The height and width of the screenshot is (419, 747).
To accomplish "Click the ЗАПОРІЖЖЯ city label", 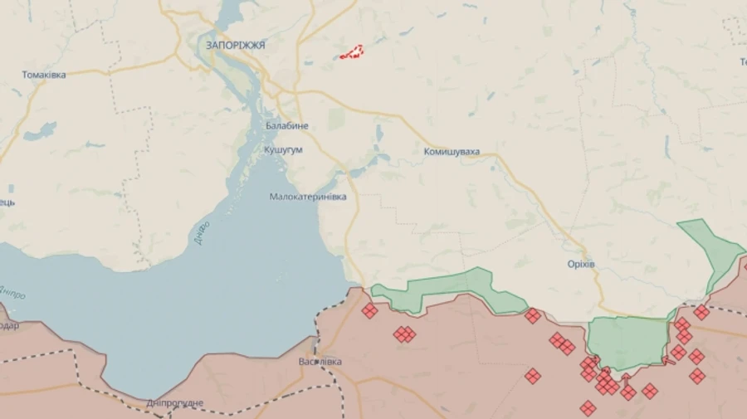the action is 237,46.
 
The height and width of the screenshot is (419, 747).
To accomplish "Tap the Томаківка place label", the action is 44,75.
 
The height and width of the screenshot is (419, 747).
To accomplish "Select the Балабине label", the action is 287,125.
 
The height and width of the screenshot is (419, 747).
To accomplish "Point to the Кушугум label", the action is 283,149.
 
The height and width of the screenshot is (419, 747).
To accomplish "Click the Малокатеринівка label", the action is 308,197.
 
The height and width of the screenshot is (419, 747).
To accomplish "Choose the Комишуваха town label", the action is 452,152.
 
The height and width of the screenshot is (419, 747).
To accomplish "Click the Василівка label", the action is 320,362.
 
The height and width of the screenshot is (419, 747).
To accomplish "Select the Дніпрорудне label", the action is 174,403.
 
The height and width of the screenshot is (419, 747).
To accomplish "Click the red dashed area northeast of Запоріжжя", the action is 352,52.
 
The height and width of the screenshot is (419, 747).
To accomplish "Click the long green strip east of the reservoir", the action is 440,289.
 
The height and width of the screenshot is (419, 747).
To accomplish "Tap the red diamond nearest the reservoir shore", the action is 369,311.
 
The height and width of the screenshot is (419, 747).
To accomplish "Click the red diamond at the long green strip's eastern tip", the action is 533,315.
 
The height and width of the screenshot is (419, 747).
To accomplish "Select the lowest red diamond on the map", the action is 588,407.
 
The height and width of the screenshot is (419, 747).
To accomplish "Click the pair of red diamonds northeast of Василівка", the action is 405,334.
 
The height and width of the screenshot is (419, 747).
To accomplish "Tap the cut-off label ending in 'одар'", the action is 8,326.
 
